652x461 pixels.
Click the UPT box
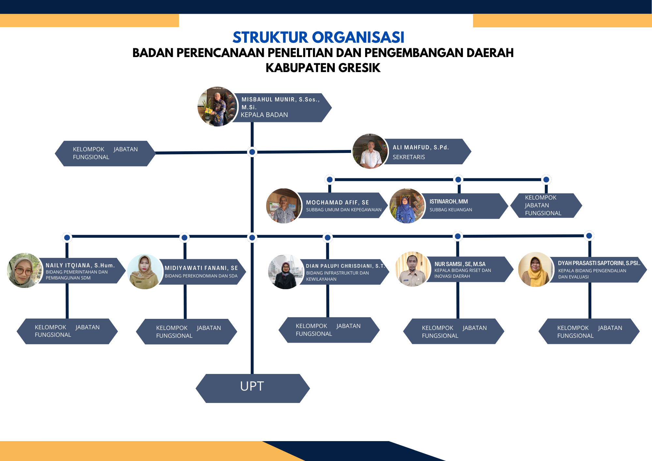(252, 388)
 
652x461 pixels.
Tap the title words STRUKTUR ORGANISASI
(318, 37)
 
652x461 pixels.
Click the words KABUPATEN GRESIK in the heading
(323, 68)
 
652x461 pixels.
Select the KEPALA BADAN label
(264, 115)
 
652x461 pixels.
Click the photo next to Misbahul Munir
(217, 107)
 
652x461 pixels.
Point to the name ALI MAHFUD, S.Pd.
(421, 147)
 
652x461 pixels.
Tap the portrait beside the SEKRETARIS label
(370, 152)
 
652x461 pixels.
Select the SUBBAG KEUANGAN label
(451, 210)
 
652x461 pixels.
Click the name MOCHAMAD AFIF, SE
(337, 202)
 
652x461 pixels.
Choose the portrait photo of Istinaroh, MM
(407, 206)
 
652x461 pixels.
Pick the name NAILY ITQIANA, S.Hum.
(80, 265)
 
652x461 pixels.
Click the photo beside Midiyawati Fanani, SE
(145, 272)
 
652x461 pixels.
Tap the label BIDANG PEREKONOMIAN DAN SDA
(201, 276)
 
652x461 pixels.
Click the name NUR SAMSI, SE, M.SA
(460, 264)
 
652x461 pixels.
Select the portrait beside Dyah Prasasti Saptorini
(535, 270)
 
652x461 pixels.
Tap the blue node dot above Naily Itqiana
(67, 238)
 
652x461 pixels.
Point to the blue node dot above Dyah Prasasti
(589, 236)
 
